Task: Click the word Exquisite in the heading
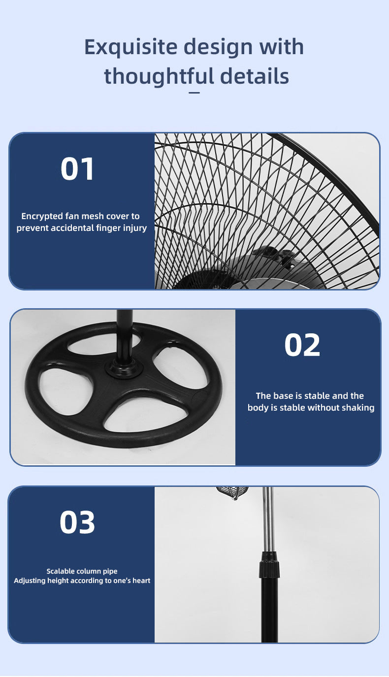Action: pos(130,47)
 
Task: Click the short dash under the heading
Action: pos(194,93)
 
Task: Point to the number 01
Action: pos(77,169)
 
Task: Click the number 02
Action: pos(302,345)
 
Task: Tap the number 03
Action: pos(77,522)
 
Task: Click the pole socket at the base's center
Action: pos(124,369)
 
